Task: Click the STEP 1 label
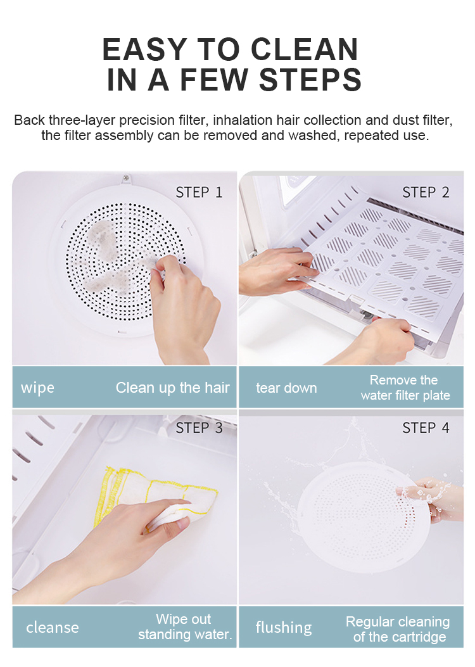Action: click(x=199, y=192)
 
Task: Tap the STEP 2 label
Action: click(x=426, y=192)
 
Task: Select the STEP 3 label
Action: click(x=199, y=428)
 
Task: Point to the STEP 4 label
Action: click(x=426, y=428)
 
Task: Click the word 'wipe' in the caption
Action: click(x=37, y=387)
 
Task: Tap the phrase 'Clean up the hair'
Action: click(x=172, y=387)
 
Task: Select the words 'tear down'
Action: click(x=286, y=387)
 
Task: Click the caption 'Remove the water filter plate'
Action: click(x=405, y=388)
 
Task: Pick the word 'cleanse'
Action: click(x=53, y=627)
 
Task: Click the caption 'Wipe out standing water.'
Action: click(x=184, y=626)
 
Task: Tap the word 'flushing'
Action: click(x=284, y=627)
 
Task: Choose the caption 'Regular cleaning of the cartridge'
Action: click(x=398, y=629)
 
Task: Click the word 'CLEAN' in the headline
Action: click(x=305, y=50)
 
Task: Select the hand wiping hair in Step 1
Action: click(x=184, y=304)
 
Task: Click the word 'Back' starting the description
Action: click(x=28, y=120)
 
